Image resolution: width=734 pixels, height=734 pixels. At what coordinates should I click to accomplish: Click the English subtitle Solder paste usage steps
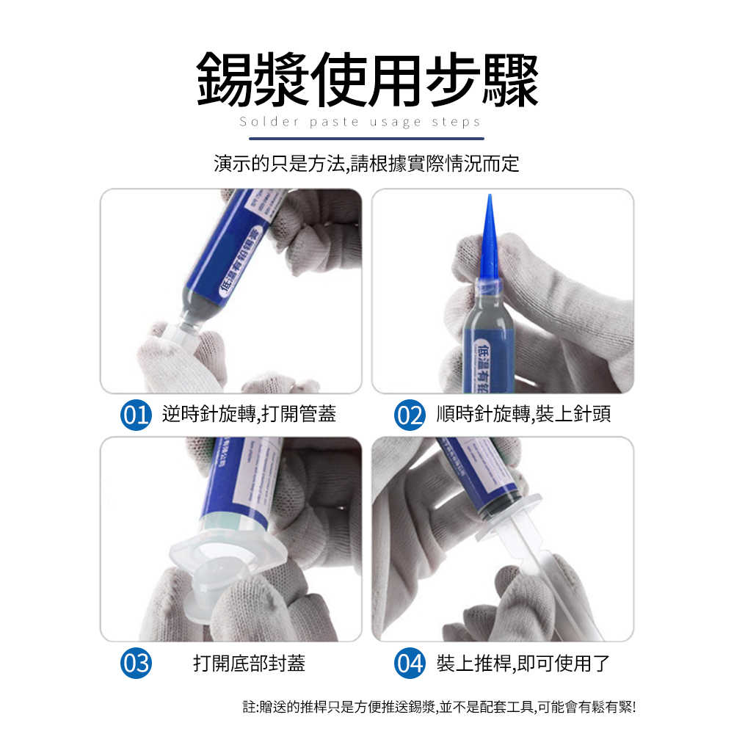pyautogui.click(x=360, y=122)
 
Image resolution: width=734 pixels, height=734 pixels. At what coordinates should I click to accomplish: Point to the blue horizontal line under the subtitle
pyautogui.click(x=366, y=138)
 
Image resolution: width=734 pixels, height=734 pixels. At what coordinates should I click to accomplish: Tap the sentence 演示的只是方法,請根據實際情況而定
pyautogui.click(x=366, y=164)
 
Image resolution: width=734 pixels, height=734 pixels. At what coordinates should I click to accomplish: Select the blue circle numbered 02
pyautogui.click(x=410, y=415)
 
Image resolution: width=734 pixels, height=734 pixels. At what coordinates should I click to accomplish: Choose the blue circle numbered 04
pyautogui.click(x=410, y=664)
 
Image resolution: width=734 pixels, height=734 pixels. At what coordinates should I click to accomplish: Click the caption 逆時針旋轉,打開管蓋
pyautogui.click(x=249, y=415)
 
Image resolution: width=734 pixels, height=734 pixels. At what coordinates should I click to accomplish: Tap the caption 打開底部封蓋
pyautogui.click(x=249, y=664)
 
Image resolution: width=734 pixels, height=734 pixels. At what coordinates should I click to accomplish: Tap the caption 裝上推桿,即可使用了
pyautogui.click(x=523, y=664)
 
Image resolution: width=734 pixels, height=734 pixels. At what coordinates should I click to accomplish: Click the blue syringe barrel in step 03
pyautogui.click(x=242, y=484)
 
